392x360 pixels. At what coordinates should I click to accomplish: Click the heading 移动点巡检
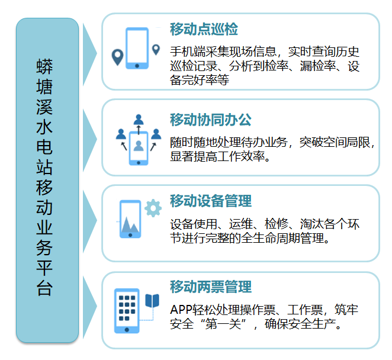[x=204, y=29]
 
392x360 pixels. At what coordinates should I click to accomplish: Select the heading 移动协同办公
[x=210, y=120]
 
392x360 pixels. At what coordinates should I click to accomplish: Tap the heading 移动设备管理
[x=210, y=201]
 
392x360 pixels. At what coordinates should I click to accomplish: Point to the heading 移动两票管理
[x=210, y=287]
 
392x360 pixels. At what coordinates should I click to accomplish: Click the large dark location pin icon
[x=117, y=57]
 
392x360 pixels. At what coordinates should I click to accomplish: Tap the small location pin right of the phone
[x=156, y=50]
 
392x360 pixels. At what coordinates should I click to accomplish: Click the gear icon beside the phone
[x=153, y=208]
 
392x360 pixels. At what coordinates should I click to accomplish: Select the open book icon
[x=152, y=301]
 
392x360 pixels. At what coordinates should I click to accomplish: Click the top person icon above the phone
[x=139, y=119]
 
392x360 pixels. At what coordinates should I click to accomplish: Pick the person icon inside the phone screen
[x=139, y=146]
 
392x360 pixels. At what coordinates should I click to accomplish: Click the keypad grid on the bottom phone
[x=127, y=308]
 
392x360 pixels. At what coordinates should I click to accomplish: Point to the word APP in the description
[x=181, y=310]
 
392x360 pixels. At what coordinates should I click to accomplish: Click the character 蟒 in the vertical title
[x=44, y=66]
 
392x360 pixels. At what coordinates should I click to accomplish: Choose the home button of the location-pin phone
[x=137, y=66]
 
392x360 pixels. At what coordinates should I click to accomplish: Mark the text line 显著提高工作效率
[x=220, y=157]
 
